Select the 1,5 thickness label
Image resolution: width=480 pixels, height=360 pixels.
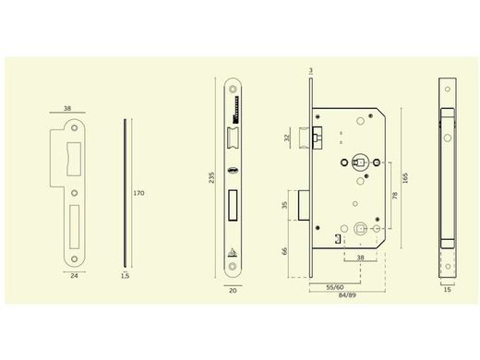(125, 275)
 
